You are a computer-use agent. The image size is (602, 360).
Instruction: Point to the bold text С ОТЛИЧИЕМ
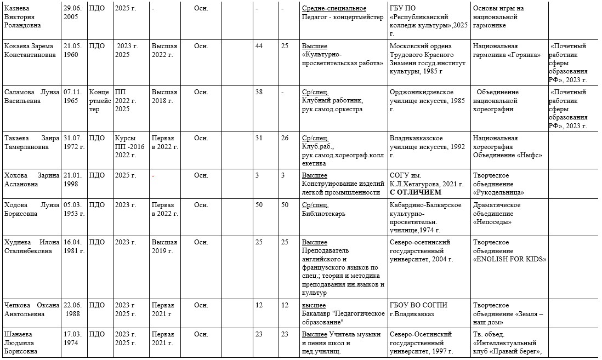point(415,192)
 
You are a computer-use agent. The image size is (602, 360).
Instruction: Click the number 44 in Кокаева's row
point(259,46)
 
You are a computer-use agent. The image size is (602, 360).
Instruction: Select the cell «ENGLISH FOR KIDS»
point(509,259)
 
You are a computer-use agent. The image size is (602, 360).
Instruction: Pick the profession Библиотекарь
point(324,214)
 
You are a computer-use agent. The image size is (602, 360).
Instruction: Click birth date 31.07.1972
point(74,142)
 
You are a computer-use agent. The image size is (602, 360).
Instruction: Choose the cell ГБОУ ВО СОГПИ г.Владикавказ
point(419,310)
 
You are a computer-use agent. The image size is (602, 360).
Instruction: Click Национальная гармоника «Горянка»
point(507,50)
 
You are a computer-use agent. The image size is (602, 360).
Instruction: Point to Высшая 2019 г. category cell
point(164,247)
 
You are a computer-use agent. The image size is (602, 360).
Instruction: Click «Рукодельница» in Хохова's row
point(499,192)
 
